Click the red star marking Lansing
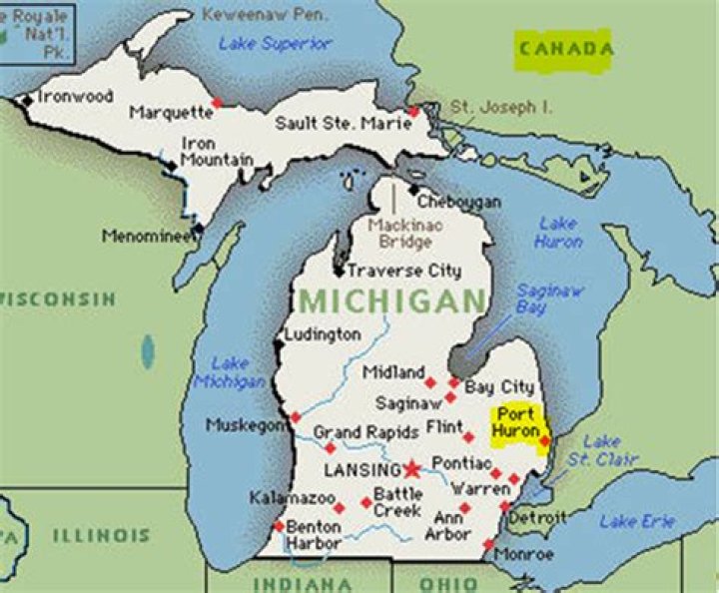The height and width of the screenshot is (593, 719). pos(412,467)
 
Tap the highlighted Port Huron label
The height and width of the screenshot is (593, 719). pos(516,422)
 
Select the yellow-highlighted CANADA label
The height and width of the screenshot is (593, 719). pos(563,49)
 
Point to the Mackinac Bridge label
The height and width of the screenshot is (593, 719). pos(399,234)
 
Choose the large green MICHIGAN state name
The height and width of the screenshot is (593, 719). pos(392,300)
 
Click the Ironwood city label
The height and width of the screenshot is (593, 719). pos(75,97)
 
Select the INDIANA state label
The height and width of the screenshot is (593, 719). pos(302,583)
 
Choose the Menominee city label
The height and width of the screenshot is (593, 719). pos(147,237)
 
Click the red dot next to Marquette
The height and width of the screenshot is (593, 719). pos(217,103)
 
